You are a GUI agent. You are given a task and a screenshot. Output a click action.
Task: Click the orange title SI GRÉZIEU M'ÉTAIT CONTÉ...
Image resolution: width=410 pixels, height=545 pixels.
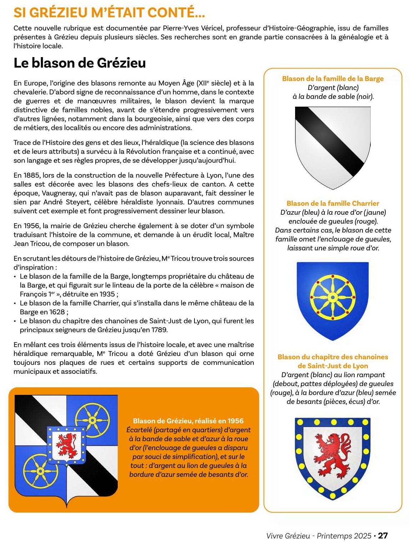click(109, 12)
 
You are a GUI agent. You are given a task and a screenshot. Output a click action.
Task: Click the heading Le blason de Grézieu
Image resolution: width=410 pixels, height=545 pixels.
click(80, 63)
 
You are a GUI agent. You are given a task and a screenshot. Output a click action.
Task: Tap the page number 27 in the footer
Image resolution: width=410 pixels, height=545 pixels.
click(383, 535)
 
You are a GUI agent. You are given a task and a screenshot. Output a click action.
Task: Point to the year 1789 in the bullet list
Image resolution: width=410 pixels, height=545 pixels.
click(159, 330)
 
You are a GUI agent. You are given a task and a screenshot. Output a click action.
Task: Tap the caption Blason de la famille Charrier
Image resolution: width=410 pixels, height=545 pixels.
click(333, 203)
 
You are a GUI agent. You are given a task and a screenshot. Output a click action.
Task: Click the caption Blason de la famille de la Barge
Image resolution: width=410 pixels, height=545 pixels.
click(333, 78)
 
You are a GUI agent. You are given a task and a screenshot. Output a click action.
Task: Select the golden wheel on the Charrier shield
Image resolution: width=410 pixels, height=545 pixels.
click(333, 297)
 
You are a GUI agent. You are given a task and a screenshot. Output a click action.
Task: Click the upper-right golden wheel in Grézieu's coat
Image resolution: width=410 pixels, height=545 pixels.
click(92, 420)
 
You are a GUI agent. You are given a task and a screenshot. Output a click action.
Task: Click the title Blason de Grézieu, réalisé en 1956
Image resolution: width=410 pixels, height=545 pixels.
click(188, 421)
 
